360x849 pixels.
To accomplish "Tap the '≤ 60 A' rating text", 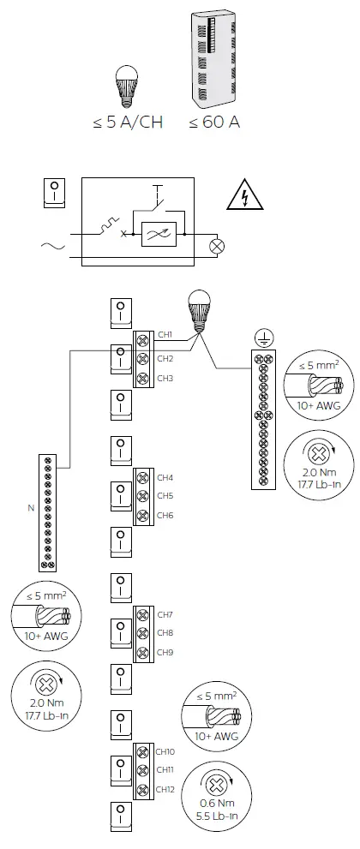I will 214,123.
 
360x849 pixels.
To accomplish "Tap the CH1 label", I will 165,334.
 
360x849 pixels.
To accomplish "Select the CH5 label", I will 165,496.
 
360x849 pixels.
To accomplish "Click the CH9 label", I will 165,652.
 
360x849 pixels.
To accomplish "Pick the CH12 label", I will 167,789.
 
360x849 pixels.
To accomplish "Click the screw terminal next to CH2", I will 142,358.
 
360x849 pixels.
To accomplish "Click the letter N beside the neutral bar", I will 31,507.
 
